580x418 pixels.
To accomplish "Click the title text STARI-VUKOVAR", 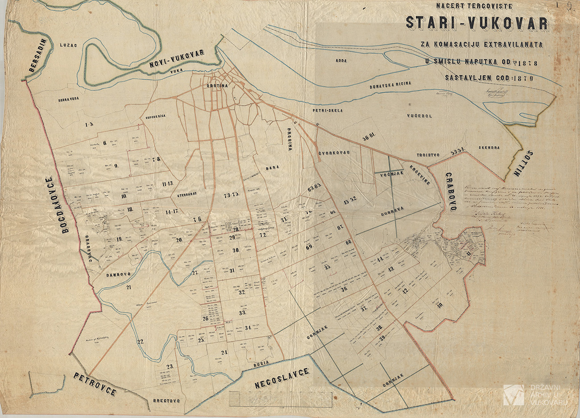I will [476, 24].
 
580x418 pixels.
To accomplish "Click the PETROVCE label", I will [95, 385].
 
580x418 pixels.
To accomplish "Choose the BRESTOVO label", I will [166, 401].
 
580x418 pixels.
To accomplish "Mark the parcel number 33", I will [243, 313].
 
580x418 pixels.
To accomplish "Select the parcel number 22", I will [141, 342].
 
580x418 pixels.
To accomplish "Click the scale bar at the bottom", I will [280, 397].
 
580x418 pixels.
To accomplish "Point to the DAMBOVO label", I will [118, 275].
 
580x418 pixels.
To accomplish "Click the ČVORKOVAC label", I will [333, 153].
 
